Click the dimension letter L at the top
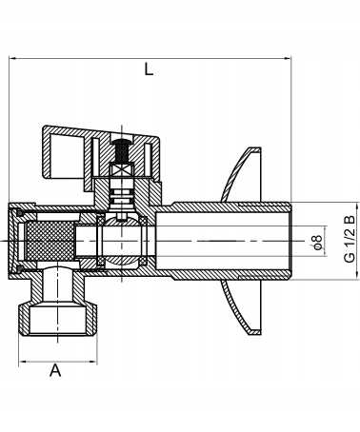(x=148, y=69)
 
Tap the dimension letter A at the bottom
(x=55, y=372)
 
